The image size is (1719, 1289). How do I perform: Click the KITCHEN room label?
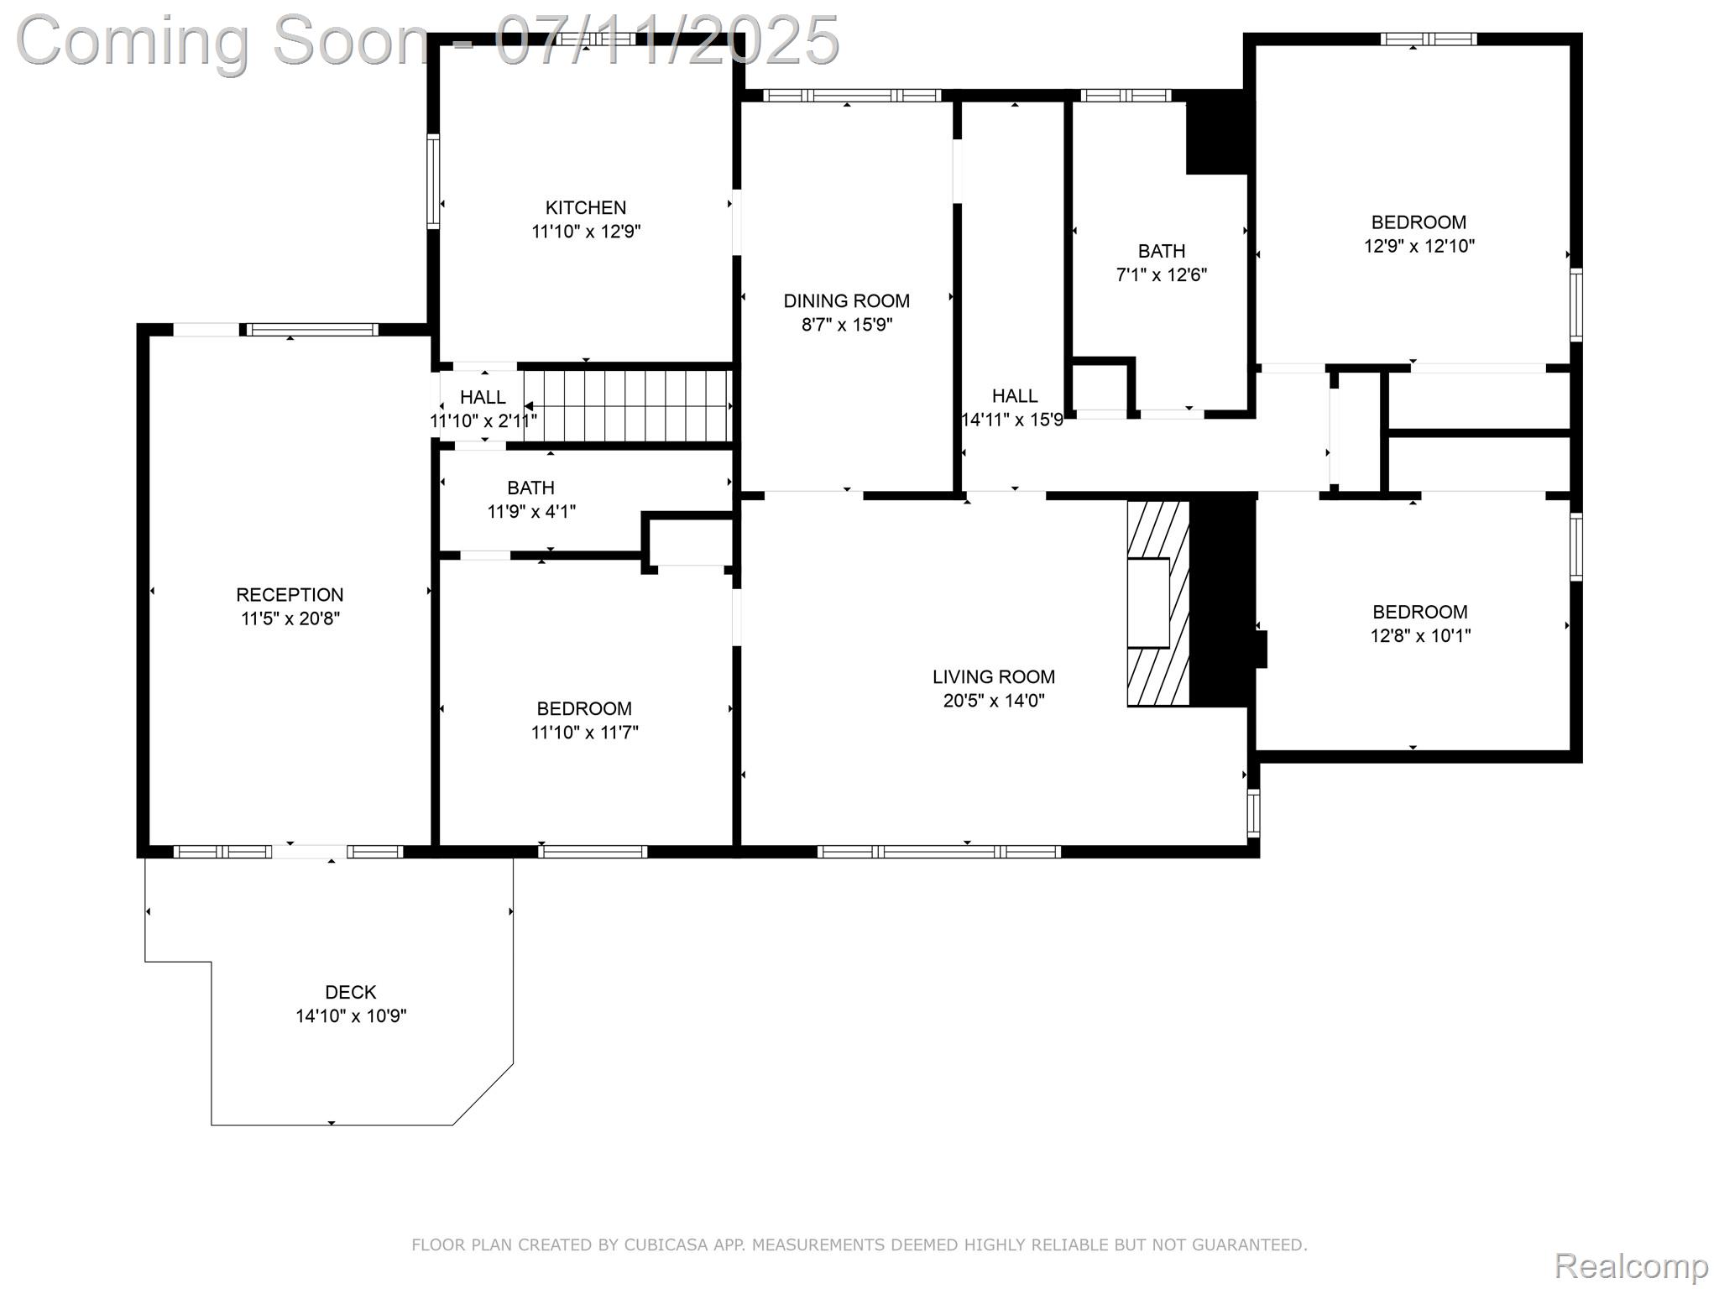586,207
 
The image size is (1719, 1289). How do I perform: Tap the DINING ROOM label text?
846,300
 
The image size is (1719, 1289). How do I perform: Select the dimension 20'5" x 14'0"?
993,701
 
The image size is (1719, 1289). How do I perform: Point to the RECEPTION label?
290,595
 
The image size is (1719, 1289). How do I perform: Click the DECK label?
351,992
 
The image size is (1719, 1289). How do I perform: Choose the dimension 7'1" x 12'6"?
1162,274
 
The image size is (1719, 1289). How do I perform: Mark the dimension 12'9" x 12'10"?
1419,246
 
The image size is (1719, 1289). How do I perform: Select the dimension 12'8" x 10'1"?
1420,636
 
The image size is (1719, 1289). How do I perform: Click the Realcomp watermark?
1631,1266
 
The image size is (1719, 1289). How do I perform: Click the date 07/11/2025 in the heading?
667,40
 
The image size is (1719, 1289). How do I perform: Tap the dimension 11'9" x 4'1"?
531,511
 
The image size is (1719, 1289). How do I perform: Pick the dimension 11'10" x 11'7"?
584,733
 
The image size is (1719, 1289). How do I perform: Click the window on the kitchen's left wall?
433,181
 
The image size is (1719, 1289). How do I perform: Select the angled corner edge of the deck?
483,1094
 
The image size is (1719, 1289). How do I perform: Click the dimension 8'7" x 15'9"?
846,325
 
